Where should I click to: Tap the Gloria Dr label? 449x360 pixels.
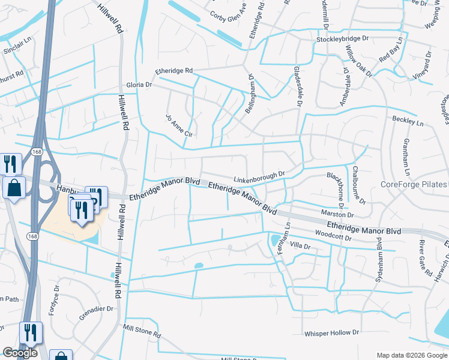139,85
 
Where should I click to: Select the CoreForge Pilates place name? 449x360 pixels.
414,184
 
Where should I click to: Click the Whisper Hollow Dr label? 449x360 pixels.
331,332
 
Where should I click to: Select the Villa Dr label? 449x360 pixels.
300,246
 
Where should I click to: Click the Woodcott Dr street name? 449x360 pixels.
332,235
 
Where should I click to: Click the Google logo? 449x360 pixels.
19,353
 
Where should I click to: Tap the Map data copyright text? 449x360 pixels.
411,355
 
